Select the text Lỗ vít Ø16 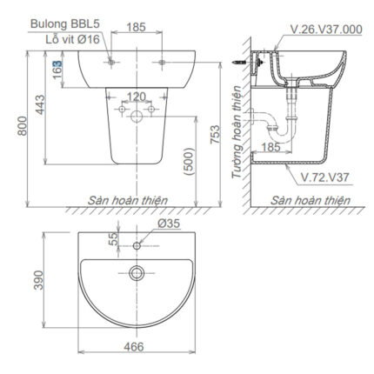64,39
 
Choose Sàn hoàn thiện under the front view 130,200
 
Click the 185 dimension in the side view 270,149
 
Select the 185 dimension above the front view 136,29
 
